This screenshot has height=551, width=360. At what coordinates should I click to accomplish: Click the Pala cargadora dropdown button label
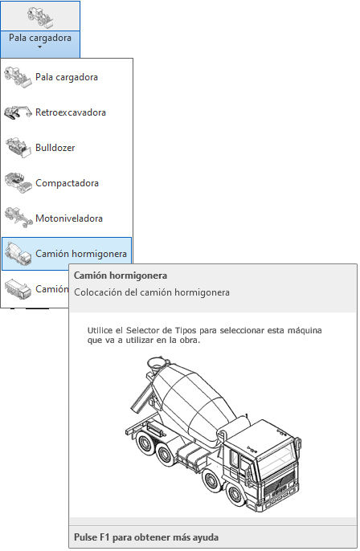(x=40, y=38)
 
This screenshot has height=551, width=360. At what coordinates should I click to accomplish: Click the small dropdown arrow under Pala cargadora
(x=39, y=47)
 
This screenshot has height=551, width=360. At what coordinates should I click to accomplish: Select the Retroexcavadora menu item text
(x=71, y=112)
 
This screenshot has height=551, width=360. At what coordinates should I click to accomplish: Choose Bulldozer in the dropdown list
(x=55, y=148)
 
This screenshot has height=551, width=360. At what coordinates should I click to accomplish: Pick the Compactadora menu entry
(x=67, y=183)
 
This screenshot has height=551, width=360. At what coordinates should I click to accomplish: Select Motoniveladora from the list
(x=69, y=218)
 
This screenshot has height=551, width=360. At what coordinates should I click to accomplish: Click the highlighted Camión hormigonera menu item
(x=81, y=254)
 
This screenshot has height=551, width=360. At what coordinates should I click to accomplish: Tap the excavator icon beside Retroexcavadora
(x=18, y=112)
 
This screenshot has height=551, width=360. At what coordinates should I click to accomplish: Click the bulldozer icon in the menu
(x=18, y=148)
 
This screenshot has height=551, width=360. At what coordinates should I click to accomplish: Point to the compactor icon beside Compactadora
(x=18, y=183)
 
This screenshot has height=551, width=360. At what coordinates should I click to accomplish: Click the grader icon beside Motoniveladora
(x=18, y=218)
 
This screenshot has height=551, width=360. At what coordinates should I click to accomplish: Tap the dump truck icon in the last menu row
(x=18, y=289)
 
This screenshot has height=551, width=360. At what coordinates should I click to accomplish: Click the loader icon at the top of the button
(x=40, y=17)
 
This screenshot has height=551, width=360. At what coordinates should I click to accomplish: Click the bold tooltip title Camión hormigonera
(x=121, y=275)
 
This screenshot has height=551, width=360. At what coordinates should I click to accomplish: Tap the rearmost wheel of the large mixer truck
(x=145, y=443)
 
